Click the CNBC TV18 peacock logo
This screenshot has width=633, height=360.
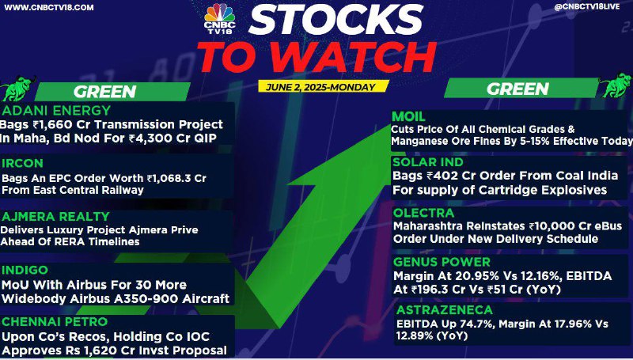[220, 18]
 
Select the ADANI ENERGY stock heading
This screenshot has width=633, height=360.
[56, 110]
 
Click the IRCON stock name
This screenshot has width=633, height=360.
[22, 163]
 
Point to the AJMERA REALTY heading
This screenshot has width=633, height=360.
[55, 216]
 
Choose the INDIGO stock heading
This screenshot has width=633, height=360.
[25, 270]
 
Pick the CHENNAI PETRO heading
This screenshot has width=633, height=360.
[55, 322]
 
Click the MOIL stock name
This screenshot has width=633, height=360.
[408, 116]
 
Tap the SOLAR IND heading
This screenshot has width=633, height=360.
[428, 162]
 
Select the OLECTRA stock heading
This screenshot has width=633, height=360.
[423, 213]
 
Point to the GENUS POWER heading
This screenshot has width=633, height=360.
[442, 262]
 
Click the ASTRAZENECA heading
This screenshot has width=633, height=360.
[445, 310]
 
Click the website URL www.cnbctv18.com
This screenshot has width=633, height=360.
[48, 7]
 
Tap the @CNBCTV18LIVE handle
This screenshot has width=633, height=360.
[587, 7]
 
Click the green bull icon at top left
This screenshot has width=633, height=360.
[18, 88]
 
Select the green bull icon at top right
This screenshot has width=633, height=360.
[616, 85]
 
